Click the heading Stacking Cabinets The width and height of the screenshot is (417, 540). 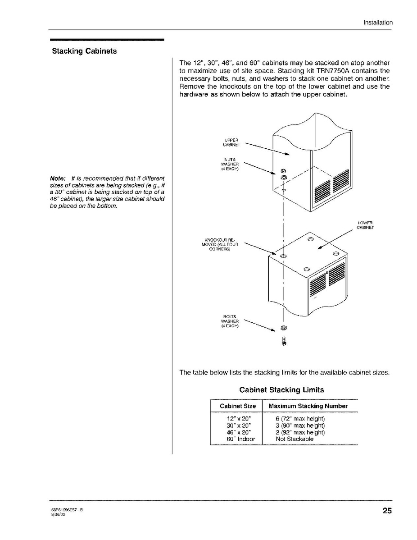coord(84,51)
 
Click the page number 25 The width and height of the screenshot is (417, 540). coord(387,511)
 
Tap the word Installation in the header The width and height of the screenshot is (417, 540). coord(378,23)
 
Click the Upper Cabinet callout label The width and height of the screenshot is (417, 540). coord(231,142)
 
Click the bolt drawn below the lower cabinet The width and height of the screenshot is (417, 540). coord(284,342)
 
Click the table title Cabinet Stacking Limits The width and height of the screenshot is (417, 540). coord(281,389)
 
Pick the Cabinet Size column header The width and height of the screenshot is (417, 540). coord(237,406)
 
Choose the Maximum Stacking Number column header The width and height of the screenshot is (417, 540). coord(308,406)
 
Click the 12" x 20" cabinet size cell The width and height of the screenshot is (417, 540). coord(238,419)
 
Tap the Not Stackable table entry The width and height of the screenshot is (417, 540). coord(295,439)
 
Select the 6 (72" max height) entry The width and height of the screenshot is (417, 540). coord(300,419)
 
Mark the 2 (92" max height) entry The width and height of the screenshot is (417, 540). coord(300,432)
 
